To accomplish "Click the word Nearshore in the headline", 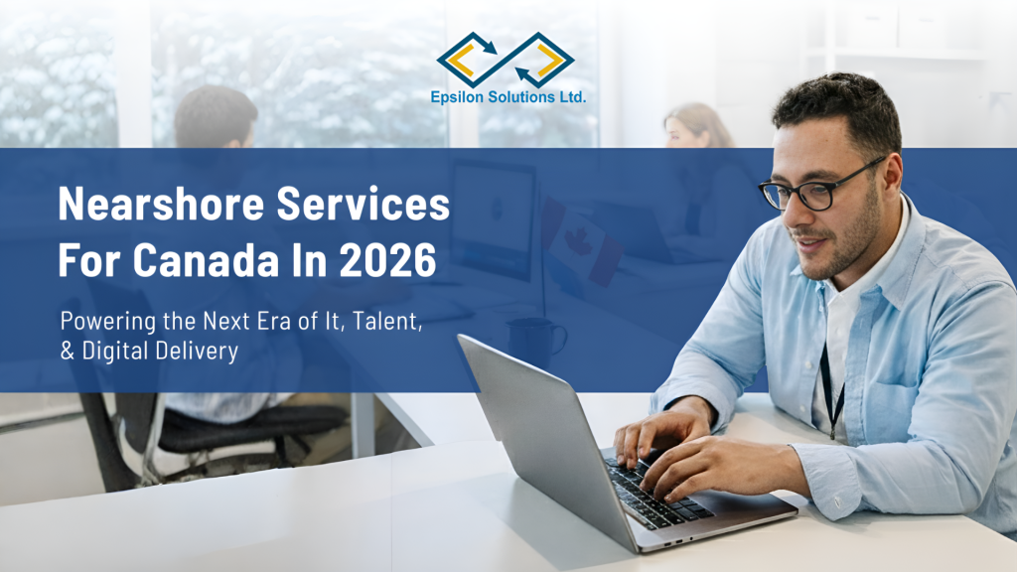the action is click(161, 204).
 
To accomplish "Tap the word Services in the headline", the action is click(363, 204).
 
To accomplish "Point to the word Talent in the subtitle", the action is click(387, 322).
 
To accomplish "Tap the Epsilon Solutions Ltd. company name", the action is click(508, 97).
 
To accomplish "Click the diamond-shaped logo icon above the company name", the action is click(506, 60).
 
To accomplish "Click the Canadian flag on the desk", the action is click(581, 241).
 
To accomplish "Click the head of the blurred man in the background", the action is click(216, 117).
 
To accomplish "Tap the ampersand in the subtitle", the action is click(68, 351).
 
